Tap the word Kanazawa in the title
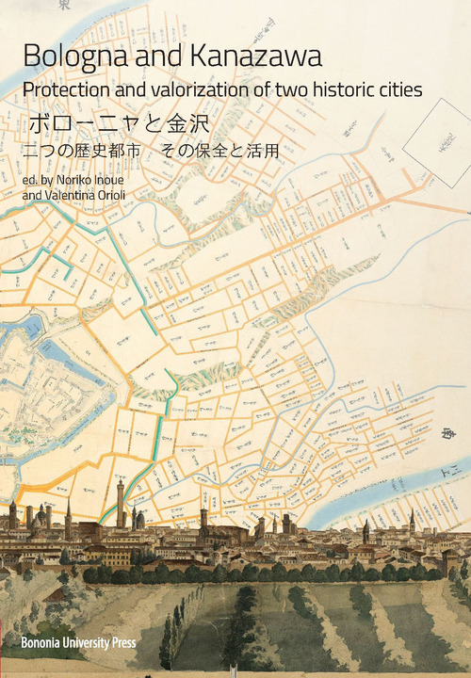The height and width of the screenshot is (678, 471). click(x=254, y=56)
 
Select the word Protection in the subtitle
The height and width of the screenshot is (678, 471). click(x=67, y=90)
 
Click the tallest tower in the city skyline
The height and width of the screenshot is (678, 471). click(x=121, y=504)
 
